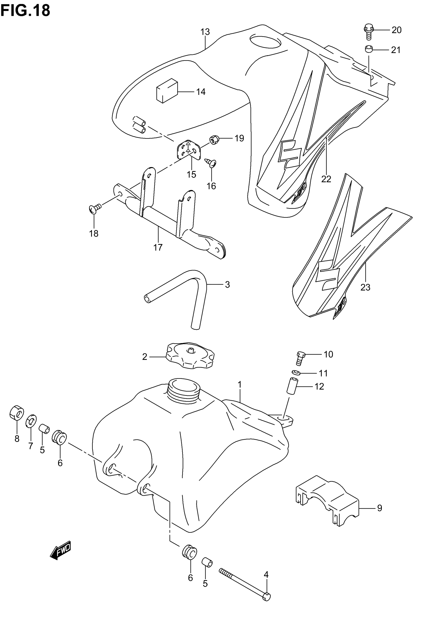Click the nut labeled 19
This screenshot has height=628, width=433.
point(214,140)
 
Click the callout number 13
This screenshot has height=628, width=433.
point(205,32)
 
